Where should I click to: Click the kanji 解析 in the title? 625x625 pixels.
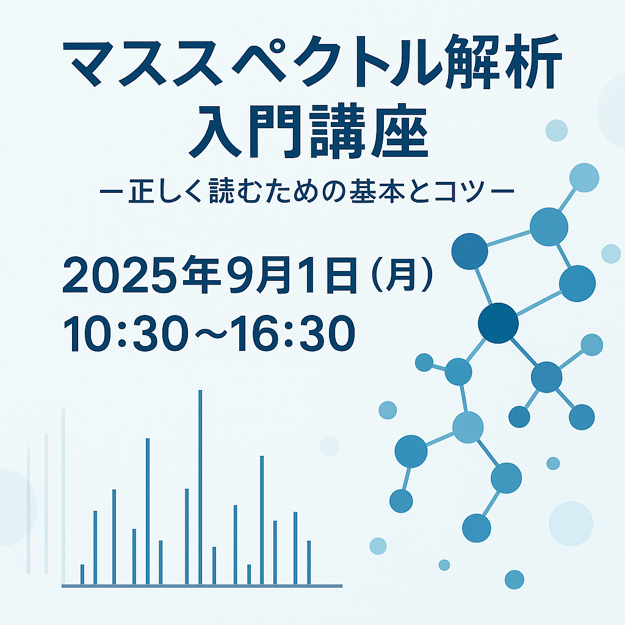pyautogui.click(x=503, y=61)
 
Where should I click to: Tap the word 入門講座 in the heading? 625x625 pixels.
pyautogui.click(x=308, y=132)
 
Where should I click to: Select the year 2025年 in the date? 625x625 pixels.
pyautogui.click(x=142, y=275)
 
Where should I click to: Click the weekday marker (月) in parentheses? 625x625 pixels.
pyautogui.click(x=402, y=275)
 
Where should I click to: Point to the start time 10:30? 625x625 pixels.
pyautogui.click(x=126, y=334)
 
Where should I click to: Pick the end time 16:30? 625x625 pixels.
pyautogui.click(x=293, y=334)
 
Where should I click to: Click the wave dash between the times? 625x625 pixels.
pyautogui.click(x=210, y=334)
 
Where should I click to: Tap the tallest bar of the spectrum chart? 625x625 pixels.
pyautogui.click(x=200, y=487)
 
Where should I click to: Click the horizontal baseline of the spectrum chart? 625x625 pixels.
pyautogui.click(x=202, y=586)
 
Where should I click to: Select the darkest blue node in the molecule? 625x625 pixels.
pyautogui.click(x=498, y=323)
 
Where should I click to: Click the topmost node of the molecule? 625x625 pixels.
pyautogui.click(x=584, y=178)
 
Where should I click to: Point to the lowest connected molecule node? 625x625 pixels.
pyautogui.click(x=477, y=528)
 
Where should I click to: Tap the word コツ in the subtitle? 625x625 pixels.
pyautogui.click(x=459, y=192)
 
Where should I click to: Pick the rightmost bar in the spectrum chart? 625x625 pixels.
pyautogui.click(x=309, y=562)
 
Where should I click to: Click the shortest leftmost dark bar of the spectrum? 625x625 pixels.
pyautogui.click(x=82, y=574)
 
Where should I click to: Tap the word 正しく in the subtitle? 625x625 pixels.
pyautogui.click(x=164, y=192)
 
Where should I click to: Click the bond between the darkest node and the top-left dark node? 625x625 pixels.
pyautogui.click(x=484, y=287)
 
